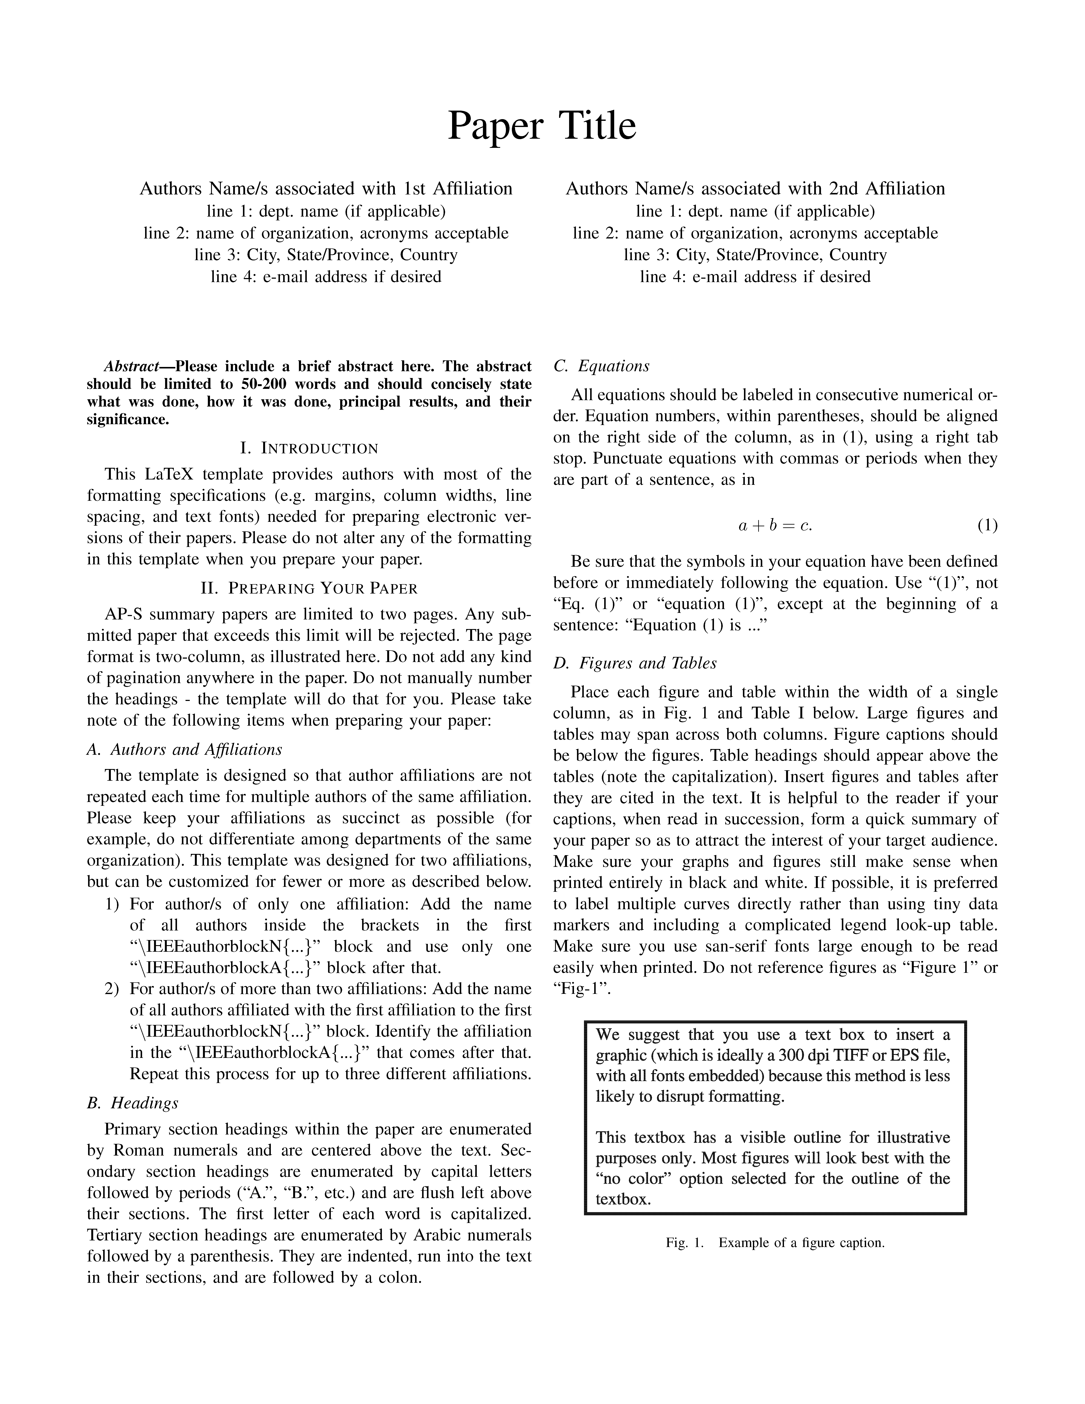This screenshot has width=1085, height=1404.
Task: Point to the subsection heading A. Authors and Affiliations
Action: [x=184, y=750]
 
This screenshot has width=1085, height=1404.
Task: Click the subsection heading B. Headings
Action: [x=132, y=1103]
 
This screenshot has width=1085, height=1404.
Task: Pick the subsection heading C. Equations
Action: [x=601, y=367]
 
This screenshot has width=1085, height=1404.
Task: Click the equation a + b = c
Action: [x=775, y=526]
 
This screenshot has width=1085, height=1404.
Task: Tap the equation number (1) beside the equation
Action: [x=987, y=526]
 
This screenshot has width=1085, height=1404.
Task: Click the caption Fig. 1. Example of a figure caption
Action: [x=775, y=1243]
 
